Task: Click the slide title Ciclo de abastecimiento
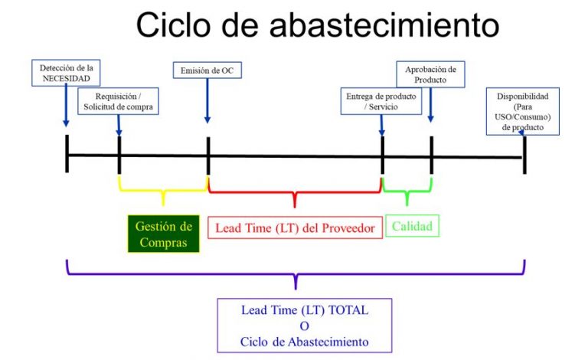point(318,25)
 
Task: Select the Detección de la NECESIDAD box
point(67,74)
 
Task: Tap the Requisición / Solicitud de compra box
point(119,103)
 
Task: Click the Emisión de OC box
point(207,72)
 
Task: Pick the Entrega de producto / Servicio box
point(381,100)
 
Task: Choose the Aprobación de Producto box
point(430,74)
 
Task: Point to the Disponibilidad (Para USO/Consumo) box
point(523,112)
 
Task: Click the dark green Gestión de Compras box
point(163,234)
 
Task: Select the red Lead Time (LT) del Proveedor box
point(295,227)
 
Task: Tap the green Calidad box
point(412,226)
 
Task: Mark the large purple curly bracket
point(295,272)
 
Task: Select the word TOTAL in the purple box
point(348,310)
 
